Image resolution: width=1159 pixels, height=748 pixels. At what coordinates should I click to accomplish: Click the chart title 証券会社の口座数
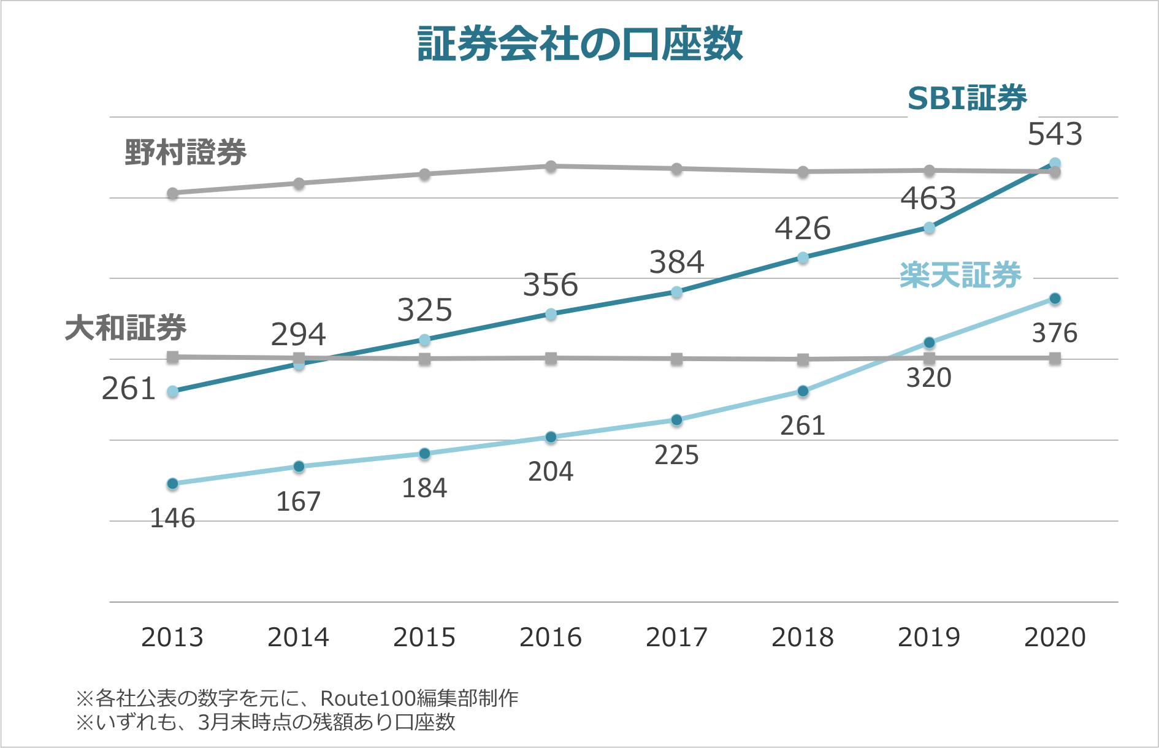(x=579, y=44)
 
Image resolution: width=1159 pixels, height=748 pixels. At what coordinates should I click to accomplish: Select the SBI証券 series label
(x=966, y=98)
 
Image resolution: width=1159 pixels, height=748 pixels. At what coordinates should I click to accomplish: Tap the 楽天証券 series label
(x=960, y=275)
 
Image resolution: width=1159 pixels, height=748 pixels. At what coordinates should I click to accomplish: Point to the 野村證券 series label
(x=185, y=152)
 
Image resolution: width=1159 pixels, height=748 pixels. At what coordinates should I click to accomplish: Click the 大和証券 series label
(x=126, y=328)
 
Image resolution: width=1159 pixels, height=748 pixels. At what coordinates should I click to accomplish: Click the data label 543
(x=1055, y=134)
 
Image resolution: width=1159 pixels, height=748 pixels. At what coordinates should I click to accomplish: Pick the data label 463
(x=928, y=199)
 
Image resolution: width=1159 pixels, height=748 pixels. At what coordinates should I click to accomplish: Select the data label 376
(x=1055, y=334)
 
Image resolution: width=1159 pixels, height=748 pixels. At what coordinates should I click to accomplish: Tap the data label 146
(x=172, y=519)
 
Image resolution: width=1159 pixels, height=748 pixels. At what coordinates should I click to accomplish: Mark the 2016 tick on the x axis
(x=550, y=638)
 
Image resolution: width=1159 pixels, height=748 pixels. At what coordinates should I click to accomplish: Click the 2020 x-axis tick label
(x=1055, y=638)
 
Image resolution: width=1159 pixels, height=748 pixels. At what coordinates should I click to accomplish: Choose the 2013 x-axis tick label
(x=172, y=638)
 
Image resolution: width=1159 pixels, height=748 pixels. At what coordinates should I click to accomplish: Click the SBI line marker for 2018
(x=803, y=258)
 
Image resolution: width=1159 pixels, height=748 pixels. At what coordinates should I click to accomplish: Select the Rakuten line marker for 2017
(x=676, y=420)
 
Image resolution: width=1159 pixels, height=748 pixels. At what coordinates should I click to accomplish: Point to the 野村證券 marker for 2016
(x=551, y=166)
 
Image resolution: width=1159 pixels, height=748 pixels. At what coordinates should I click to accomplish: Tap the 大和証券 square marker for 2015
(x=424, y=359)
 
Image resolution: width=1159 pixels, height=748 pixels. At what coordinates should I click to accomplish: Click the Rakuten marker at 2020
(x=1055, y=299)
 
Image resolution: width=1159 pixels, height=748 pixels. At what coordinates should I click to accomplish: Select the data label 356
(x=550, y=285)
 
